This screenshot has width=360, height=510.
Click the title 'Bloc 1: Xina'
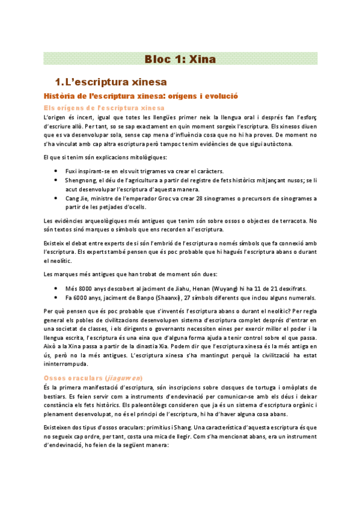pos(180,59)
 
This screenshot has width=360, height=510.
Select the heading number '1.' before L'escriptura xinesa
pos(59,81)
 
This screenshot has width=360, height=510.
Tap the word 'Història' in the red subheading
pos(57,96)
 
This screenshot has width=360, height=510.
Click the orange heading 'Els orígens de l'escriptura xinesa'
pos(96,107)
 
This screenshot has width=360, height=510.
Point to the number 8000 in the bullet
pos(82,287)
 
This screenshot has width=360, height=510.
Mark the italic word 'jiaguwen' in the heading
pos(123,378)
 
